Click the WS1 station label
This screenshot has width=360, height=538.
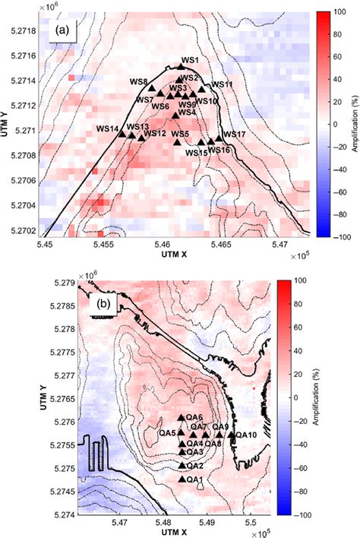click(x=190, y=60)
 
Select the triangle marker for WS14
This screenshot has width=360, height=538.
click(x=122, y=134)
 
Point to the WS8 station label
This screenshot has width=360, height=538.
click(x=138, y=82)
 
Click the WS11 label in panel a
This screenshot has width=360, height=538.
click(x=222, y=84)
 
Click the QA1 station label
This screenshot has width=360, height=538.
click(x=194, y=479)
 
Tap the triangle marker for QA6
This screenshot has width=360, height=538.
click(x=181, y=418)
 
